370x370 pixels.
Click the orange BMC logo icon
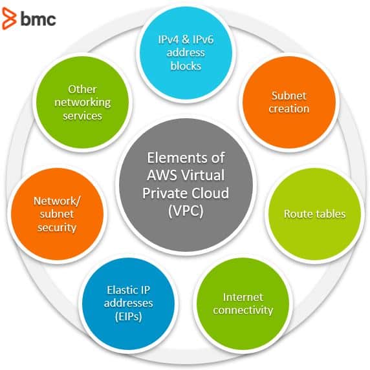(x=10, y=19)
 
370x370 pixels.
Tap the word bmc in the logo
(x=38, y=19)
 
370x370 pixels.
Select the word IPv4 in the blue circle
(x=168, y=39)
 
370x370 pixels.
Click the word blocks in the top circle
(x=186, y=66)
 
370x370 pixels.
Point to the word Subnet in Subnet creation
(x=288, y=96)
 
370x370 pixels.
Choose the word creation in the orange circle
(x=289, y=108)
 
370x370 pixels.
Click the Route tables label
(x=314, y=214)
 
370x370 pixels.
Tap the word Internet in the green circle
(x=243, y=297)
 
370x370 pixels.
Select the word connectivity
(x=243, y=311)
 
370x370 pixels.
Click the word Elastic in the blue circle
(x=120, y=290)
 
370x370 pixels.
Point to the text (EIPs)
(x=128, y=317)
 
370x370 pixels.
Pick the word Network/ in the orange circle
(x=57, y=201)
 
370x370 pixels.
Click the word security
(x=57, y=228)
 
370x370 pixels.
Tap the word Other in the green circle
(x=82, y=89)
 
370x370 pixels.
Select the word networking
(x=83, y=103)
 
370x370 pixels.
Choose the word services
(x=82, y=116)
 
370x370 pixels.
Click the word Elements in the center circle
(x=177, y=158)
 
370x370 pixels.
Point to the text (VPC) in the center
(x=186, y=211)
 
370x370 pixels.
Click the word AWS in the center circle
(x=162, y=176)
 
